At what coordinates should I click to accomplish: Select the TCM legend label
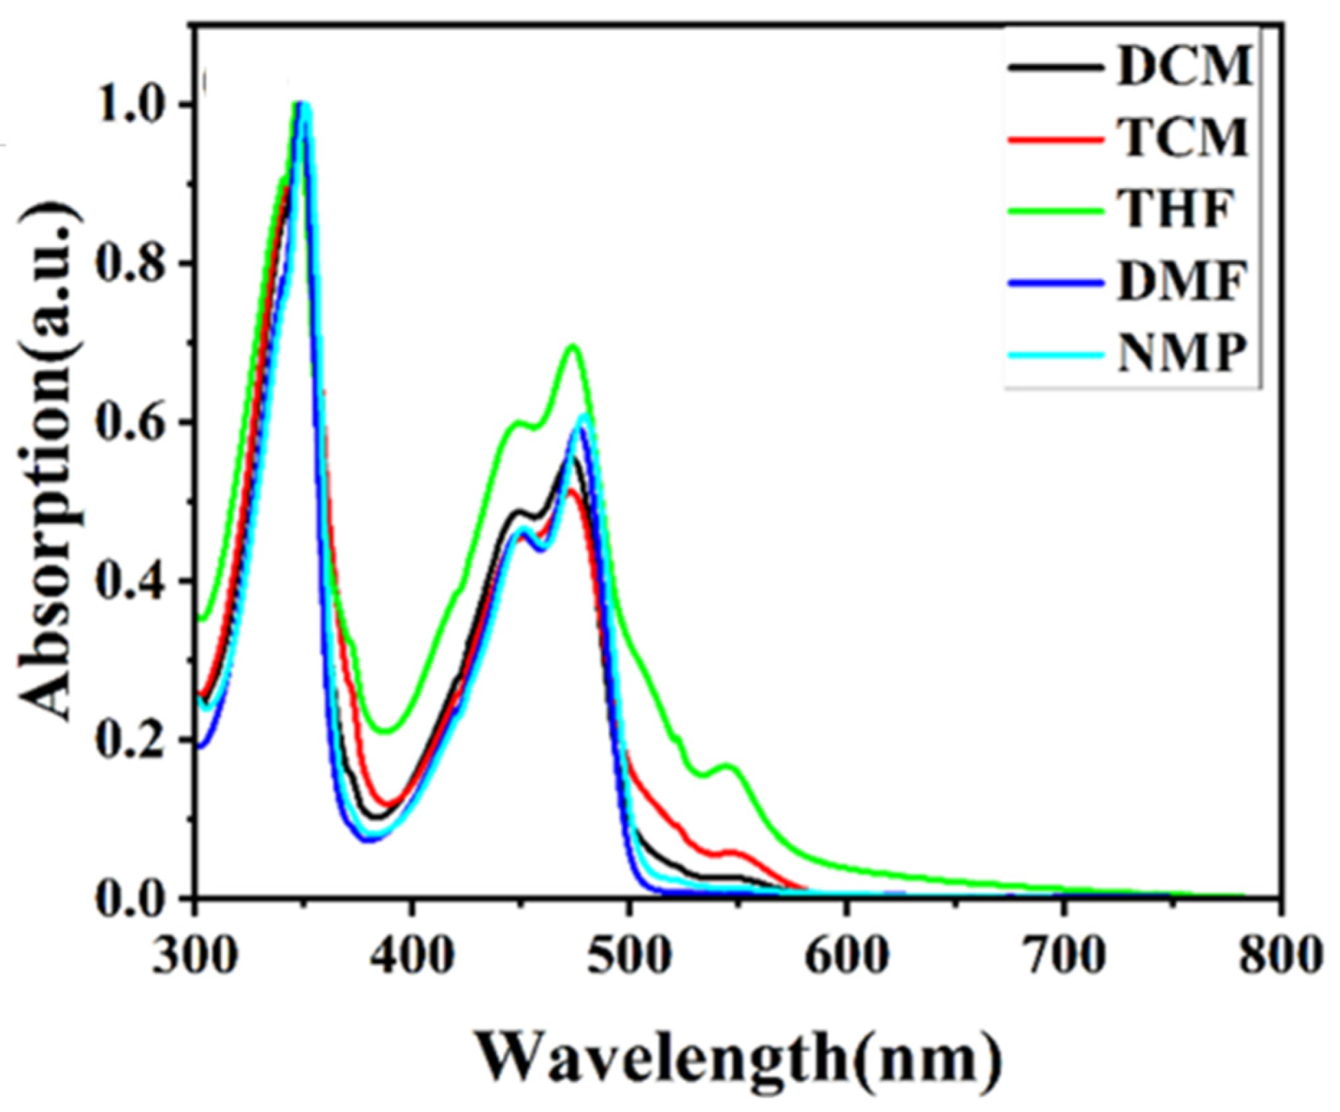pyautogui.click(x=1185, y=138)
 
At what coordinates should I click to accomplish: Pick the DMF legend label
pyautogui.click(x=1183, y=281)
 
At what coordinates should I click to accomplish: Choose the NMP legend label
pyautogui.click(x=1183, y=353)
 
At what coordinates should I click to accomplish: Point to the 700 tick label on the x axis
pyautogui.click(x=1063, y=956)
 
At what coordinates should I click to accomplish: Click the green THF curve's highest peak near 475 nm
pyautogui.click(x=572, y=346)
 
